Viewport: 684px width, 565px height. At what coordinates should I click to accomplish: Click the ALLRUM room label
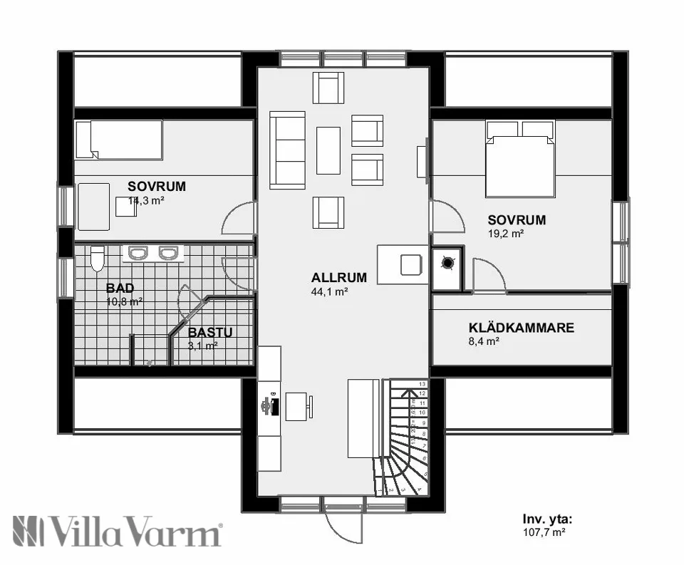[x=339, y=278]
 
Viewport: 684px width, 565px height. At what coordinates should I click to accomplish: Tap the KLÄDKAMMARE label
[x=521, y=328]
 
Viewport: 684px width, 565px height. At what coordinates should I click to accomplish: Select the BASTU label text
[x=210, y=332]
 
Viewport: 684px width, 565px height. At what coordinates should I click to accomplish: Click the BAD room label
[x=120, y=289]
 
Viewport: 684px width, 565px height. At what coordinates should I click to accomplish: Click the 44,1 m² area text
[x=329, y=291]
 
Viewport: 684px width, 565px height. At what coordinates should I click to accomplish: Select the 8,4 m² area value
[x=483, y=341]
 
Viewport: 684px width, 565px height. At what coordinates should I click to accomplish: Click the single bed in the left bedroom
[x=120, y=140]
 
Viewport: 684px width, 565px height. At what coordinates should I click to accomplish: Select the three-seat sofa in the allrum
[x=287, y=150]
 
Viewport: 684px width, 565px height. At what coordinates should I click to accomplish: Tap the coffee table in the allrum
[x=328, y=150]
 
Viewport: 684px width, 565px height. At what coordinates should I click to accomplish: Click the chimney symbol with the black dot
[x=447, y=263]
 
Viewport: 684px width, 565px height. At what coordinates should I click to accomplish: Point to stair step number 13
[x=422, y=384]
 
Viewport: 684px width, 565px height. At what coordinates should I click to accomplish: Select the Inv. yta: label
[x=546, y=519]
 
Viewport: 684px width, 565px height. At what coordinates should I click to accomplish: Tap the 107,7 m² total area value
[x=545, y=532]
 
